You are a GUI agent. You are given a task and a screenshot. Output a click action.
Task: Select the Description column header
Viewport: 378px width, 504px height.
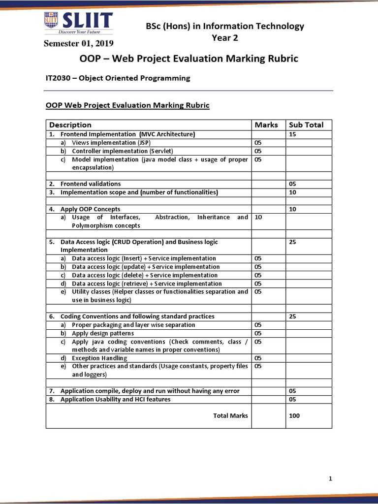(70, 125)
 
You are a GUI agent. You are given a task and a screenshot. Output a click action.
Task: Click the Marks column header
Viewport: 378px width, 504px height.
(266, 125)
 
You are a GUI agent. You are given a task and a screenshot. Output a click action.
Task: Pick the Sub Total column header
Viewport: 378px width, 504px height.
(306, 125)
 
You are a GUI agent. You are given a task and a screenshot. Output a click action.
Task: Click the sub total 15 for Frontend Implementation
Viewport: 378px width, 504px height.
(292, 134)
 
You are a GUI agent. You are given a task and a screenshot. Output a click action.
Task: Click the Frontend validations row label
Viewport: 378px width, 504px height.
(91, 184)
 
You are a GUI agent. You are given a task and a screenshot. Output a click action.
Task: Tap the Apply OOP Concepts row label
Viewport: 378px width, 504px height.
(90, 209)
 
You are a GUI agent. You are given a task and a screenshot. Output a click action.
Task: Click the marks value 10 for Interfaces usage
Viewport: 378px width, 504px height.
(258, 217)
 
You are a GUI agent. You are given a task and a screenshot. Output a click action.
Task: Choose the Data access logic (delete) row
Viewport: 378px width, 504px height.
(144, 275)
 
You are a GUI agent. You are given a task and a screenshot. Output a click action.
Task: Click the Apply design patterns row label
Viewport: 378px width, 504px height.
(102, 333)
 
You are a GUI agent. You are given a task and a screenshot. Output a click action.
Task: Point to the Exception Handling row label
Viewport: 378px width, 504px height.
(99, 358)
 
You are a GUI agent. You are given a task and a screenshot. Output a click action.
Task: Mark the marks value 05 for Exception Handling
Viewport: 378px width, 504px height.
(258, 358)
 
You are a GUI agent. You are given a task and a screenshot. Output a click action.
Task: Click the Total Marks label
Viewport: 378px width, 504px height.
(230, 416)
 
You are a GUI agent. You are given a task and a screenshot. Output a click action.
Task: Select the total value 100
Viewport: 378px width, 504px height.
(294, 416)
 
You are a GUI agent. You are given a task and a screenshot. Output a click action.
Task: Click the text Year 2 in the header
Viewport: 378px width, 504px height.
(224, 37)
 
